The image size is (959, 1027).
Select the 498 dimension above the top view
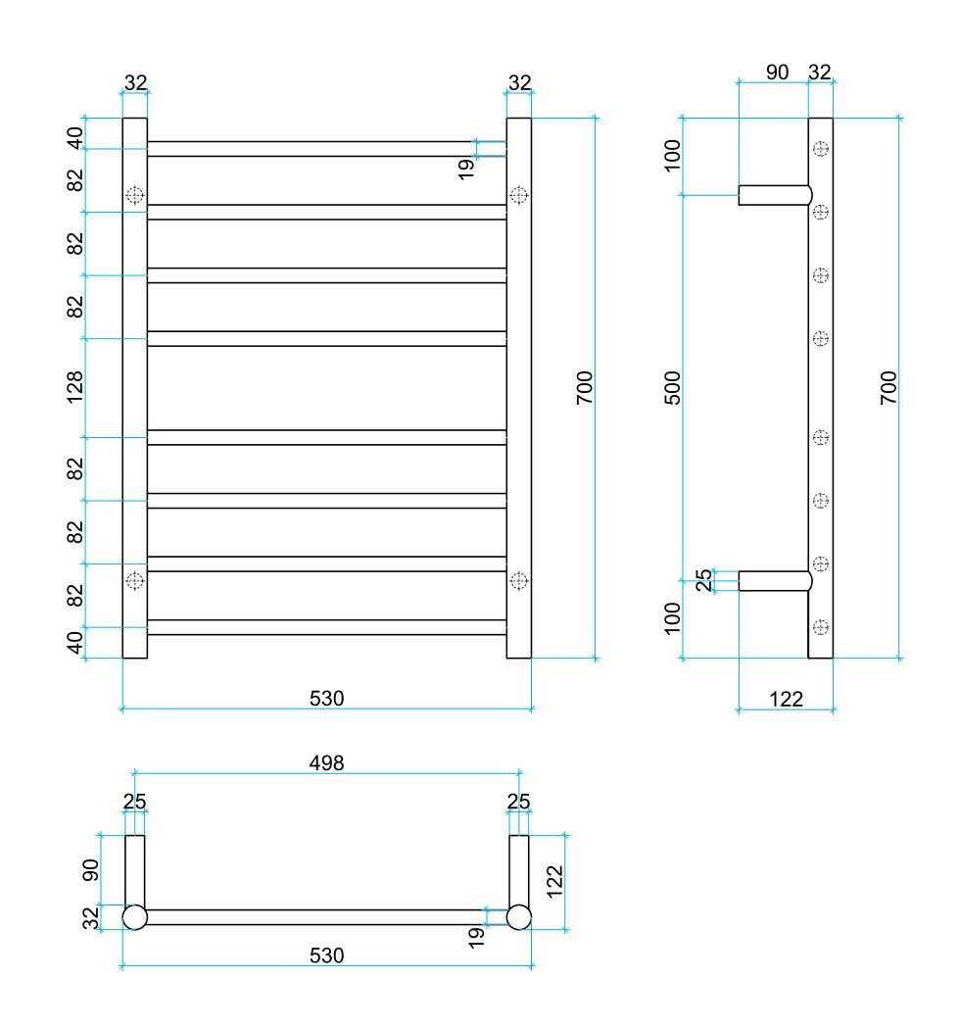[x=326, y=761]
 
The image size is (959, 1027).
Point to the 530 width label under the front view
[x=326, y=698]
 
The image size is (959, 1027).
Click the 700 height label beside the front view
[x=585, y=388]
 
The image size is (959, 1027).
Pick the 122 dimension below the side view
[x=786, y=698]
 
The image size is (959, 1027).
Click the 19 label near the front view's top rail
[x=466, y=167]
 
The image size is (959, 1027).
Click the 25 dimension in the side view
[x=703, y=580]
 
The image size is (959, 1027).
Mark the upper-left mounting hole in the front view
[x=135, y=195]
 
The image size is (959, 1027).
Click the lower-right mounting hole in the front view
[x=519, y=581]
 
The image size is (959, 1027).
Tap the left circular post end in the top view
[x=134, y=917]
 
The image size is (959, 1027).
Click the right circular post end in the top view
[x=518, y=917]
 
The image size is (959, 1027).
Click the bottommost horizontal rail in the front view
[x=326, y=627]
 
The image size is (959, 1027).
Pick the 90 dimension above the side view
[x=777, y=72]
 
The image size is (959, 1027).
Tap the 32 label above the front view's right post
[x=519, y=82]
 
